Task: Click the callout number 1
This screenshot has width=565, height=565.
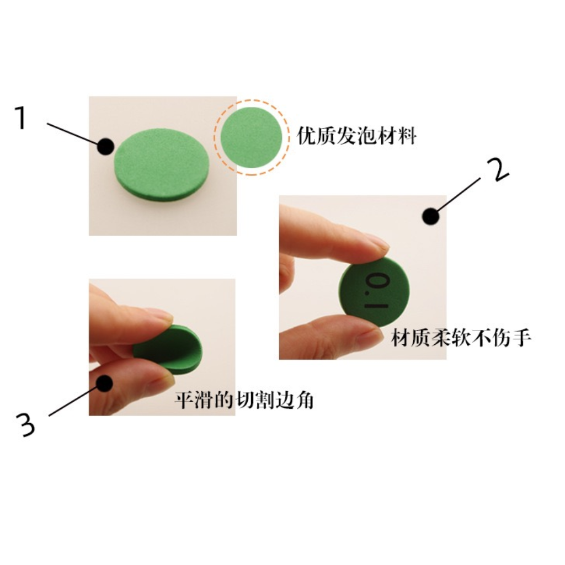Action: pyautogui.click(x=21, y=118)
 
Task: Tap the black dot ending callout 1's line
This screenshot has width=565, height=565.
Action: pyautogui.click(x=105, y=146)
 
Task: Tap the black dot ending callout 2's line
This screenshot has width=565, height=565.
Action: pyautogui.click(x=431, y=216)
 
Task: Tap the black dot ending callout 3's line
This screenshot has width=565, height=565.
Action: pyautogui.click(x=104, y=382)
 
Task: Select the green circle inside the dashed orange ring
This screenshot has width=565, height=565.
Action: pyautogui.click(x=251, y=137)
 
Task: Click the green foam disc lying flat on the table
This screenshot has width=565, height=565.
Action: pyautogui.click(x=162, y=164)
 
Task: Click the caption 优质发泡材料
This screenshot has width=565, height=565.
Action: pyautogui.click(x=356, y=136)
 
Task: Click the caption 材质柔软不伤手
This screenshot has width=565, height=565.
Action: pyautogui.click(x=461, y=338)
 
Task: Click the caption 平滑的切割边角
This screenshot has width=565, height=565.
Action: pyautogui.click(x=244, y=400)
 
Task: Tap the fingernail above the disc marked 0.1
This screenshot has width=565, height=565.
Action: pyautogui.click(x=377, y=242)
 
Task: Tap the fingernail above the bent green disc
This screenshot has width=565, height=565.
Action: pyautogui.click(x=160, y=316)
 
